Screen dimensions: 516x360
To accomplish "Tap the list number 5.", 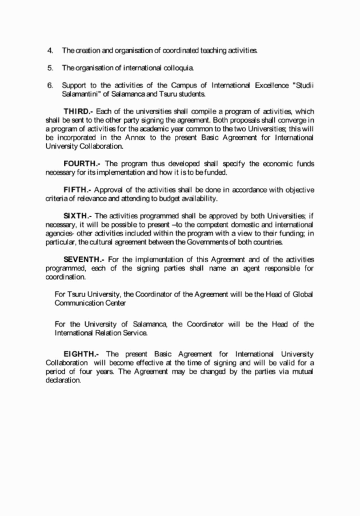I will [x=50, y=69].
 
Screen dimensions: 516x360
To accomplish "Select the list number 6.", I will [x=50, y=85].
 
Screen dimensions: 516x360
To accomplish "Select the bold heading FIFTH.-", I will [x=78, y=190].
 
